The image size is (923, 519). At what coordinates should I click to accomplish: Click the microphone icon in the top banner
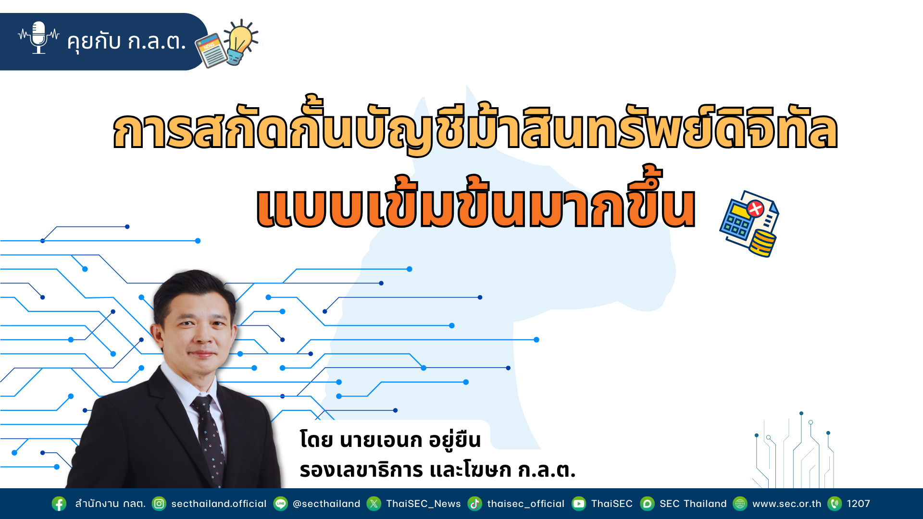tap(38, 37)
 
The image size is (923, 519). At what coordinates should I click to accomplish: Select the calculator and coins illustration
tap(749, 224)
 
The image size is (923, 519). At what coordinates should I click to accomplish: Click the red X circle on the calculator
tap(755, 209)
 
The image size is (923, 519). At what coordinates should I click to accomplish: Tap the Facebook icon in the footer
tap(59, 504)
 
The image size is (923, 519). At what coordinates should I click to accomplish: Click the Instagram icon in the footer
tap(159, 504)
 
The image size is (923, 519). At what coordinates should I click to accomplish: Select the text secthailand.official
tap(219, 504)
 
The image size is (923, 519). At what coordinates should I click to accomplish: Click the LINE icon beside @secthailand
tap(281, 504)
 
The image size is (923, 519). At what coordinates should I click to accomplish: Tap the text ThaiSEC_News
tap(424, 504)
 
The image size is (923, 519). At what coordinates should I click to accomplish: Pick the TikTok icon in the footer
tap(475, 504)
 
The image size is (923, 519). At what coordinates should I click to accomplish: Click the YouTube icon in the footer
tap(579, 504)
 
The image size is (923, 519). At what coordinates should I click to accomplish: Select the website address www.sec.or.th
tap(787, 504)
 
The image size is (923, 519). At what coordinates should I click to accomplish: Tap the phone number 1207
tap(859, 504)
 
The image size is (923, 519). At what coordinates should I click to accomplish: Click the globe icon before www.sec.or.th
tap(740, 504)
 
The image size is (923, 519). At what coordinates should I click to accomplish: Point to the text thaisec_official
tap(526, 504)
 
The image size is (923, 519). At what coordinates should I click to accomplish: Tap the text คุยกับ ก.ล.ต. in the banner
tap(126, 41)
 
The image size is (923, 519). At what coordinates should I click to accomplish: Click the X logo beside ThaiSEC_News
tap(374, 504)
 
